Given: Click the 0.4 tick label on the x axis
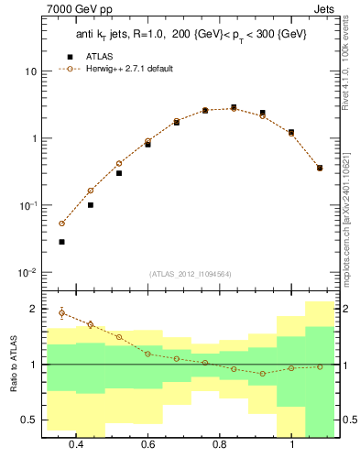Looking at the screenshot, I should click(75, 445).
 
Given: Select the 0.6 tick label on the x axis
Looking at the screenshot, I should click(147, 445).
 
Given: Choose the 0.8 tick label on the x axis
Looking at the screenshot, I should click(220, 445).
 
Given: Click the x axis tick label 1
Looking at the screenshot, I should click(291, 445).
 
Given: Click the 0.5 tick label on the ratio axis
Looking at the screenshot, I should click(27, 420).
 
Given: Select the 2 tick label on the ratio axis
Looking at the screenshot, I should click(32, 309).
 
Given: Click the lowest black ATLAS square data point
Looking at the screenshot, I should click(61, 242).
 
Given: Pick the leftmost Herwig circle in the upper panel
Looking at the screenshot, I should click(61, 224).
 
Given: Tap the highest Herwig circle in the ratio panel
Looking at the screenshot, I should click(61, 313).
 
